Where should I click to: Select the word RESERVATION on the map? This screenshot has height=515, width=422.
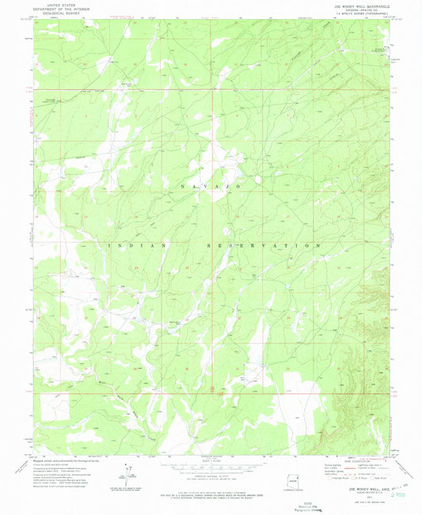click(x=276, y=246)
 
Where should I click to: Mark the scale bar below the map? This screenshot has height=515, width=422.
click(x=211, y=464)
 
